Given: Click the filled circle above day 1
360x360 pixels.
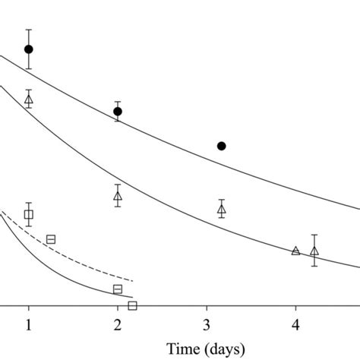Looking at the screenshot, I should (x=29, y=49).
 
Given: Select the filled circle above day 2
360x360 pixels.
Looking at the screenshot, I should (x=118, y=112).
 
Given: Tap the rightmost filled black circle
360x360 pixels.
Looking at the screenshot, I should (x=221, y=146).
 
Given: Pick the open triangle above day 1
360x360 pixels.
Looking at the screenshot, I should (x=29, y=99).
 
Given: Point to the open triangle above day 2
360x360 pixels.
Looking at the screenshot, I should (x=118, y=196).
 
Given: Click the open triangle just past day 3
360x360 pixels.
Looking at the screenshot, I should (x=222, y=209).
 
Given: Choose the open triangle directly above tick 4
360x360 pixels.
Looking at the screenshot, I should (x=295, y=251).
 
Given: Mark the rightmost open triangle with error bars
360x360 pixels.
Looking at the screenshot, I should (x=314, y=251).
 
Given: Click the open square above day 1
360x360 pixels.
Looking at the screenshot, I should (x=29, y=214).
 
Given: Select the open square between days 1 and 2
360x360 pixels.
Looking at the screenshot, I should (x=51, y=239).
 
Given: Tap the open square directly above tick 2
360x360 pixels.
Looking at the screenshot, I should (x=118, y=289).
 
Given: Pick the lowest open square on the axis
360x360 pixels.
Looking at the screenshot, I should (x=132, y=305).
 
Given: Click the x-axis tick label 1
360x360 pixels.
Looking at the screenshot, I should (x=29, y=325).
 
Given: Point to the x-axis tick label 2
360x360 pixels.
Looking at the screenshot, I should (x=118, y=325).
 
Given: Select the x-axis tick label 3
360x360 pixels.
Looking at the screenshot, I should (x=207, y=325).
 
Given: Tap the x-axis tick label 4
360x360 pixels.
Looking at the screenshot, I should (x=295, y=325).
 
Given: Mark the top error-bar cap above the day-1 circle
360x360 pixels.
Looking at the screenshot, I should (x=29, y=30).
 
